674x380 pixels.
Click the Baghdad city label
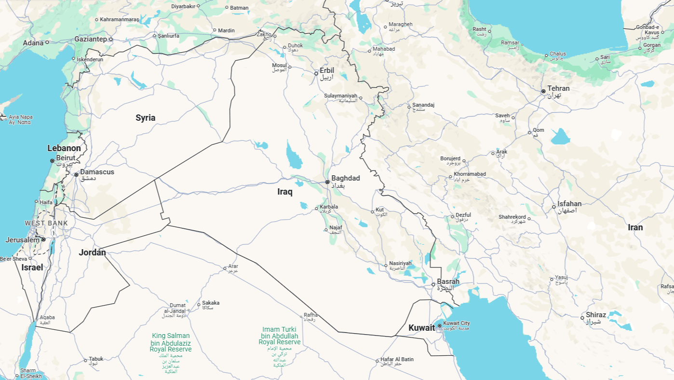click(345, 179)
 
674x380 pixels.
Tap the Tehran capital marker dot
click(543, 91)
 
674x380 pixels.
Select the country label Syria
click(145, 118)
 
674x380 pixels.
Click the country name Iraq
click(285, 192)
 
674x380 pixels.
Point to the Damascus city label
click(97, 172)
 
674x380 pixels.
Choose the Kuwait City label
click(456, 324)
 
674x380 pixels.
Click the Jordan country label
click(92, 252)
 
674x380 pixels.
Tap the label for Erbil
click(326, 70)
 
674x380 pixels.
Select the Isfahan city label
click(569, 204)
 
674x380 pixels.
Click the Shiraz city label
click(596, 315)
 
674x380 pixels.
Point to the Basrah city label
click(448, 281)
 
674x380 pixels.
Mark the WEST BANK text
click(46, 224)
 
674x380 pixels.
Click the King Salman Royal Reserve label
click(171, 342)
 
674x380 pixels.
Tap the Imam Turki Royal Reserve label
click(280, 336)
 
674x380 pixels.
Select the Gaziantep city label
click(91, 39)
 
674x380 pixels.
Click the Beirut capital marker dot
click(52, 160)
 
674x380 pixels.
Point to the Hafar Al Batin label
click(397, 359)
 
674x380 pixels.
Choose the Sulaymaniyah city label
click(340, 96)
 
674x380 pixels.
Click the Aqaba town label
click(47, 317)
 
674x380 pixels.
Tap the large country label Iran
click(635, 227)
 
